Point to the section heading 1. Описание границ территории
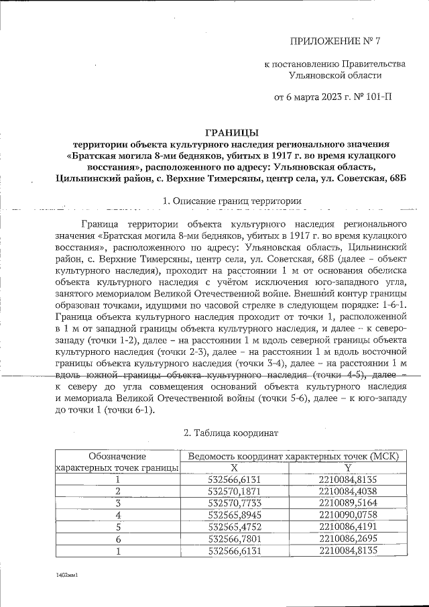[x=232, y=201]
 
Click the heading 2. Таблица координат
[x=232, y=434]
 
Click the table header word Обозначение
[x=117, y=456]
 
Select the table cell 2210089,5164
[x=349, y=502]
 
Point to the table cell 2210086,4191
[x=349, y=527]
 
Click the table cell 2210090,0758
[x=349, y=514]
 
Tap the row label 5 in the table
[x=117, y=527]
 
